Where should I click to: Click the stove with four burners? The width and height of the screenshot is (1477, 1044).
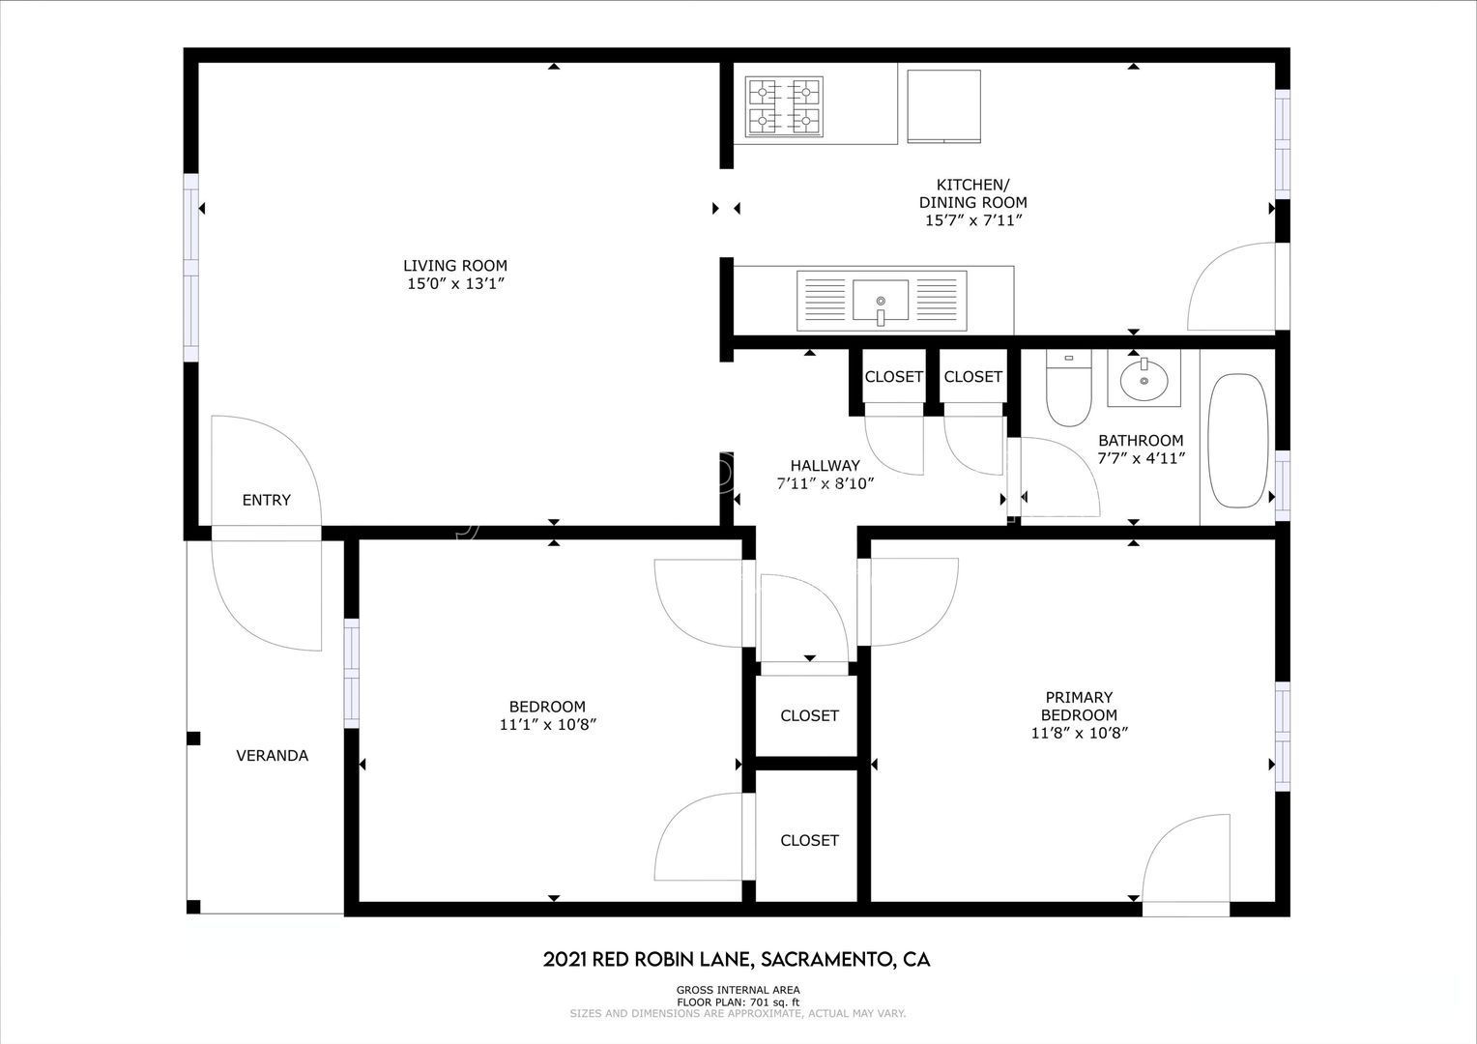click(x=784, y=106)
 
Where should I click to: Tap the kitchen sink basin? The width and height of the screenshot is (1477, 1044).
click(x=881, y=300)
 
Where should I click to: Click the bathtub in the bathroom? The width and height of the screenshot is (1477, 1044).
click(x=1238, y=441)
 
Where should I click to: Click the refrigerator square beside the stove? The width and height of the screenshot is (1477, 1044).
click(x=942, y=105)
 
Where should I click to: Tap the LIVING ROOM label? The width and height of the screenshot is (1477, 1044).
click(x=454, y=266)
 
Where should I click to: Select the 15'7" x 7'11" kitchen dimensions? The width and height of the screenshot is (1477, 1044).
click(x=972, y=220)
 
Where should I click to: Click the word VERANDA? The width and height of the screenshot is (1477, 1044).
click(x=272, y=755)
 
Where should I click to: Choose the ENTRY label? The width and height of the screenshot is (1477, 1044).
click(x=266, y=500)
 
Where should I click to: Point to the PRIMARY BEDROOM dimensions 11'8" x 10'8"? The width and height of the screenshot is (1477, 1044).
click(x=1079, y=733)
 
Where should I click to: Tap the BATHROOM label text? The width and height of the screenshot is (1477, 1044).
click(x=1141, y=440)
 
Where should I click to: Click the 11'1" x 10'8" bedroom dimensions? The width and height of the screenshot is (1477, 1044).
click(x=547, y=724)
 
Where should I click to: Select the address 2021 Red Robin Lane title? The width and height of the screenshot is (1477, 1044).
click(x=737, y=959)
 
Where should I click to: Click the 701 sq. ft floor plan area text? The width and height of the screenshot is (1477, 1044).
click(x=738, y=1002)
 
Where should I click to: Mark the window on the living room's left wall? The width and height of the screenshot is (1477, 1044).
click(x=191, y=268)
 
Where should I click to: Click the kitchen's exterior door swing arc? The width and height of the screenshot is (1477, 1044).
click(x=1228, y=285)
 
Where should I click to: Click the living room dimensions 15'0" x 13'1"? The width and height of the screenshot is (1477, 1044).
click(x=454, y=284)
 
